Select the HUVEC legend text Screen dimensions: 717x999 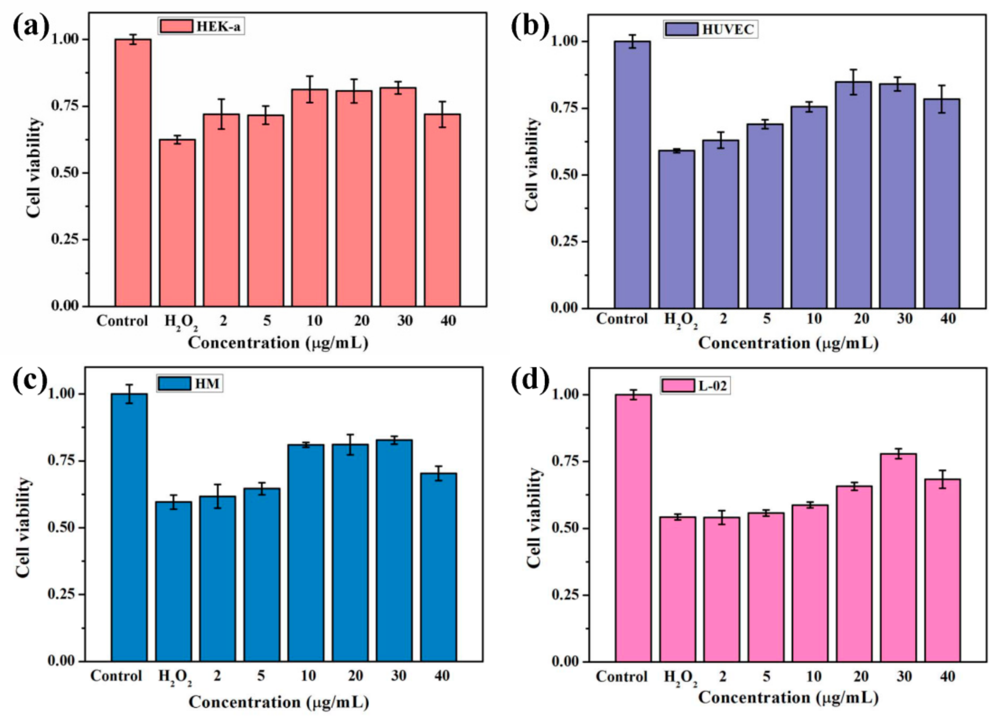(728, 30)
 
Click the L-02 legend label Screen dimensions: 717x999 (713, 386)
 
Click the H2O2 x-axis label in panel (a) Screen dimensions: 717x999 (181, 322)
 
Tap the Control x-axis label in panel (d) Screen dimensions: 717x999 (621, 677)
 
